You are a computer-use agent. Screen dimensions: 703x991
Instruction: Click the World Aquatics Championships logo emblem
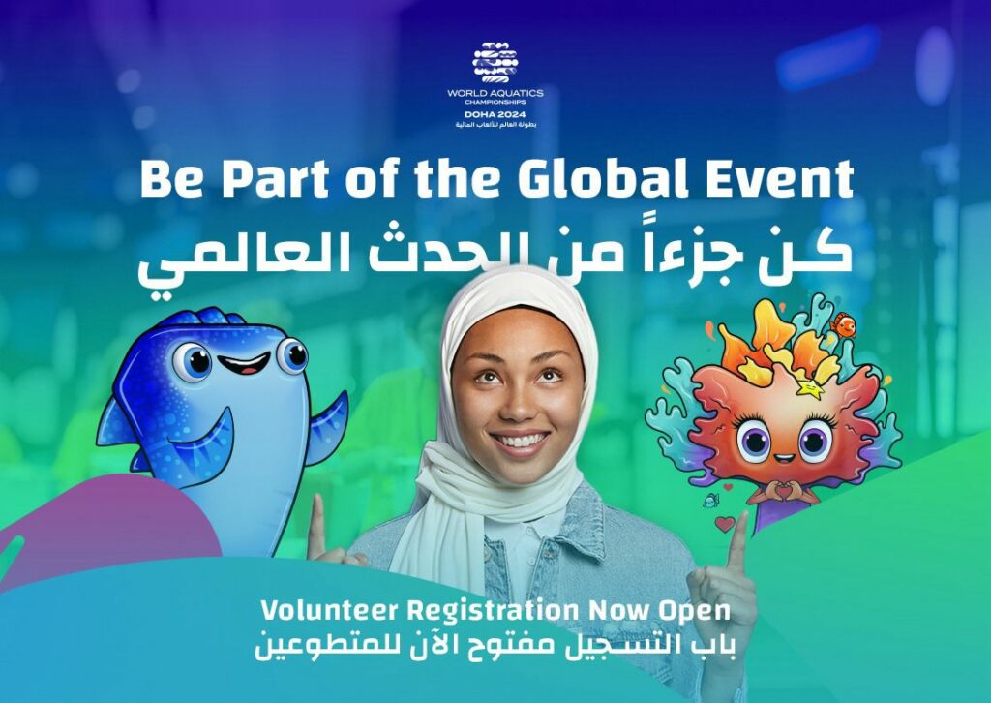(495, 62)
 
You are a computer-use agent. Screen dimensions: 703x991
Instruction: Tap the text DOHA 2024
(495, 114)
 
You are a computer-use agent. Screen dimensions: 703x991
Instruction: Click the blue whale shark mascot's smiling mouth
(244, 365)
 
